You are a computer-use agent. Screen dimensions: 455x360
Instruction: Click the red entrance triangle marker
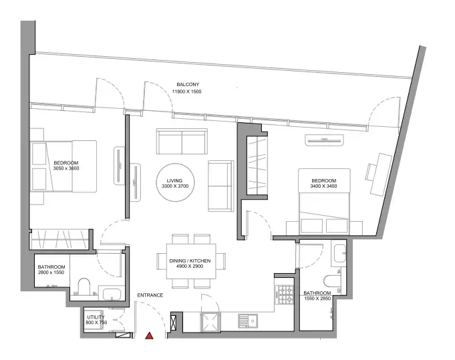tap(150, 336)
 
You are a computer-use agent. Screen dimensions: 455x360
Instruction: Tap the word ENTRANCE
tap(150, 295)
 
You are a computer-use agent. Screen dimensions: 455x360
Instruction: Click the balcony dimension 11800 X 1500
tap(187, 92)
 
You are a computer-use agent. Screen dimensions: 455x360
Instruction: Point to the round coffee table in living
tap(175, 183)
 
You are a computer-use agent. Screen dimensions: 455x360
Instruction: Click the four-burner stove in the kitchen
tap(284, 295)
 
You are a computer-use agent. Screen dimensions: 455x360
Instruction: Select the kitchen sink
tap(248, 321)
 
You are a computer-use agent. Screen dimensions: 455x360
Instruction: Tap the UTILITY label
tap(96, 317)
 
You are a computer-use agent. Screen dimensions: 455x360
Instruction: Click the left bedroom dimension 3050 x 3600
tap(66, 168)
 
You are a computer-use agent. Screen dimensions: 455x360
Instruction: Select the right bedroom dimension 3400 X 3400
tap(323, 186)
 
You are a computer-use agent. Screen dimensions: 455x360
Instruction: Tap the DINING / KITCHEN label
tap(190, 261)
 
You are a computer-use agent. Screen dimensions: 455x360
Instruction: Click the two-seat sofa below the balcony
tap(182, 142)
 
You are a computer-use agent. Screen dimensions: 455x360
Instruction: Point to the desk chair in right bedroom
tap(370, 172)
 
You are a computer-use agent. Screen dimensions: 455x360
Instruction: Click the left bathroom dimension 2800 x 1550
tap(51, 273)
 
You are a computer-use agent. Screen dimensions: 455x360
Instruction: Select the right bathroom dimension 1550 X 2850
tap(317, 298)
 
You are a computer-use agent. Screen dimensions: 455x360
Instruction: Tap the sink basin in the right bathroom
tap(339, 254)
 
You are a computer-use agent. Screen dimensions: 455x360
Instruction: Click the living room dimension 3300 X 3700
tap(175, 186)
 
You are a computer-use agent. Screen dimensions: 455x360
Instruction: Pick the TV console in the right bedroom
tap(324, 140)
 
